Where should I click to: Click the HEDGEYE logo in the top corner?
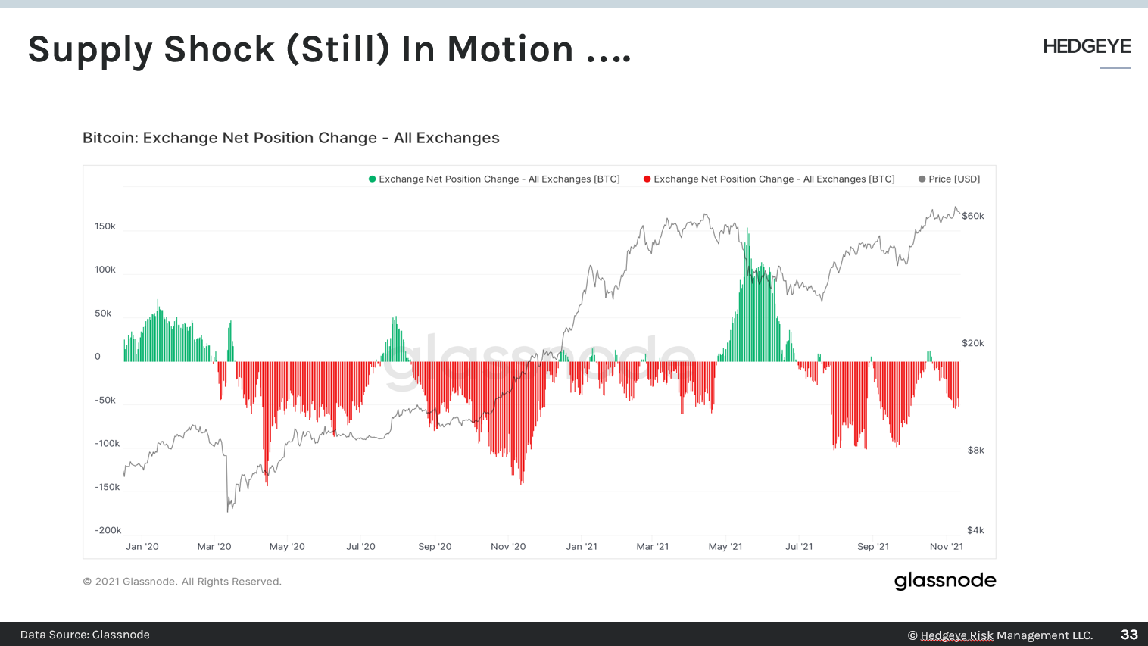pyautogui.click(x=1086, y=47)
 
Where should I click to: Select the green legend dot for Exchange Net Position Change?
pyautogui.click(x=372, y=179)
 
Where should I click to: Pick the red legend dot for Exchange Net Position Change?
pyautogui.click(x=647, y=179)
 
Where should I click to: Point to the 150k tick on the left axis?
pyautogui.click(x=105, y=226)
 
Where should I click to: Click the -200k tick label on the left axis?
pyautogui.click(x=108, y=530)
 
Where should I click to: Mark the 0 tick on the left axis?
pyautogui.click(x=97, y=357)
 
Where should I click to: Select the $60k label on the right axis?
pyautogui.click(x=972, y=216)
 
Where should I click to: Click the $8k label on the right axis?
pyautogui.click(x=975, y=450)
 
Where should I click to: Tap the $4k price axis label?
pyautogui.click(x=975, y=530)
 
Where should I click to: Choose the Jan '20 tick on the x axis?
pyautogui.click(x=142, y=546)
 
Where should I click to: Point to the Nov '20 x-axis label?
pyautogui.click(x=508, y=546)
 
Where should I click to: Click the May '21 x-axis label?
pyautogui.click(x=725, y=546)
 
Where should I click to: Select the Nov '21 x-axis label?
pyautogui.click(x=947, y=546)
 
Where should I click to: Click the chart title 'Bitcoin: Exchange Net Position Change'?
pyautogui.click(x=291, y=138)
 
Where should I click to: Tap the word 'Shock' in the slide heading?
pyautogui.click(x=220, y=50)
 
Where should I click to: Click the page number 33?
pyautogui.click(x=1129, y=635)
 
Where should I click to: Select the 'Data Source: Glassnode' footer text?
pyautogui.click(x=85, y=635)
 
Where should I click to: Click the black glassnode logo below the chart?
pyautogui.click(x=945, y=581)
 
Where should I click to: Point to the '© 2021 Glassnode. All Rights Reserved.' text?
pyautogui.click(x=182, y=582)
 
